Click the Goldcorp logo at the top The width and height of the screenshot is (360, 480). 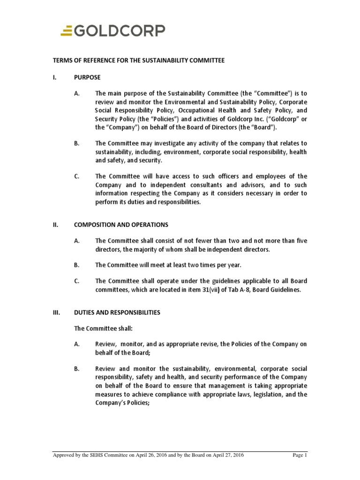click(x=112, y=31)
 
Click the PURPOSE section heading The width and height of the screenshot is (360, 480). click(x=87, y=77)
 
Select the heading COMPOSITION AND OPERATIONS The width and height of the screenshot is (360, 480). click(x=121, y=225)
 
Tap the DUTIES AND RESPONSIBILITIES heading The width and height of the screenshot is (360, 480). click(x=117, y=312)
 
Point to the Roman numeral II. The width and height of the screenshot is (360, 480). click(x=55, y=225)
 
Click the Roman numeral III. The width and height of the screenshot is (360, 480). click(x=55, y=312)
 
